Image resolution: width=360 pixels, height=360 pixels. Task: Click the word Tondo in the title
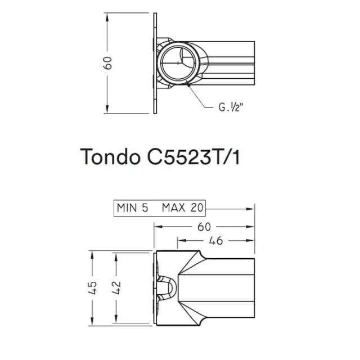[106, 157]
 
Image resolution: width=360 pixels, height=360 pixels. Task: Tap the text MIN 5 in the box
[133, 207]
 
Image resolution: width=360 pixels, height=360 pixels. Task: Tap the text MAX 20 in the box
[182, 207]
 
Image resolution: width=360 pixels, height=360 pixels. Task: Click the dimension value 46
[215, 241]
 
